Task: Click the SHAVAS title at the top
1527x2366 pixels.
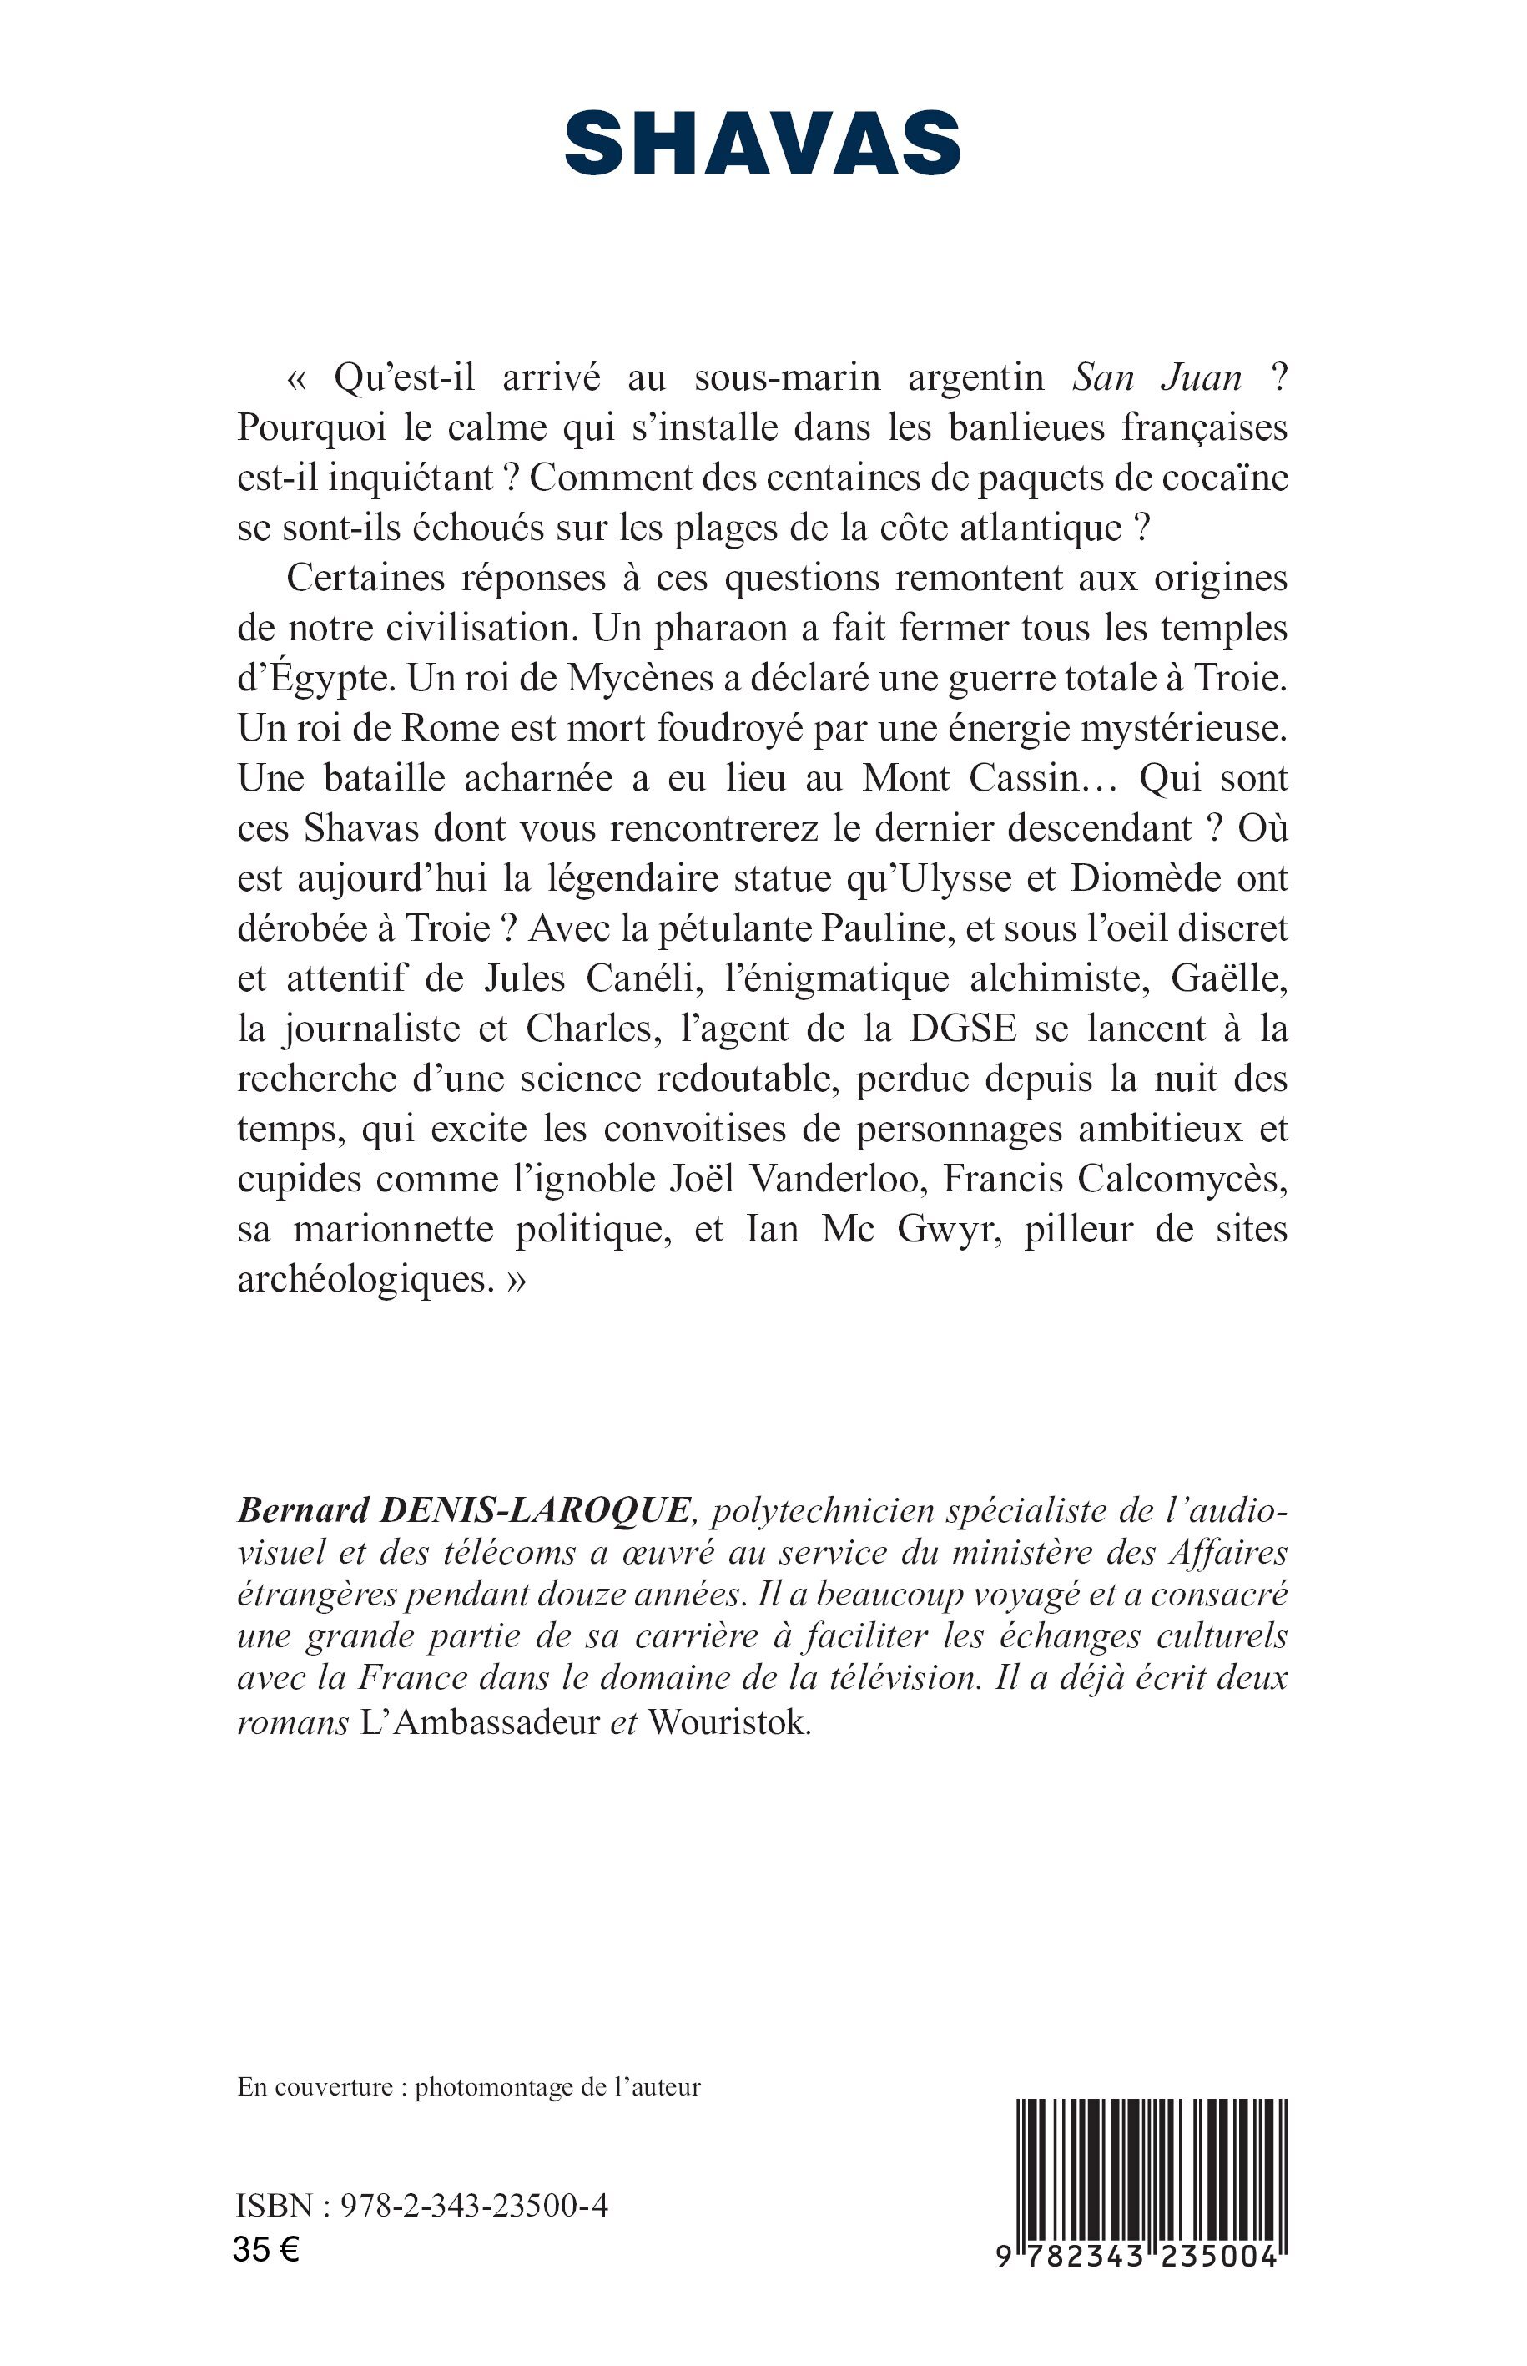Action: [x=763, y=144]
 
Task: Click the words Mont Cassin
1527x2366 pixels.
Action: [x=974, y=779]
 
